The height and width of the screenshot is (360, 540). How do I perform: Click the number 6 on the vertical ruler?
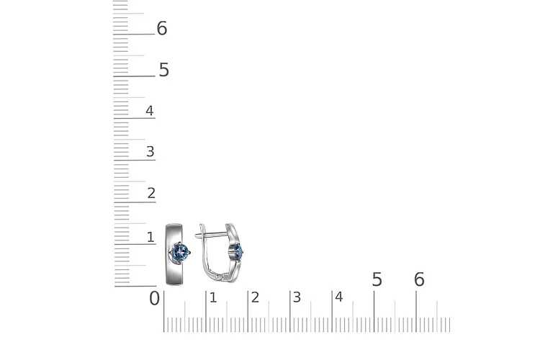(x=162, y=28)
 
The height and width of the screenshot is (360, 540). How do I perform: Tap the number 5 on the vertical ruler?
(x=164, y=70)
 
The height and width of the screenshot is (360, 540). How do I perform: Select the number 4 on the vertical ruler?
(x=150, y=111)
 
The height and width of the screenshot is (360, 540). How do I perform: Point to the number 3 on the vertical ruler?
(x=150, y=152)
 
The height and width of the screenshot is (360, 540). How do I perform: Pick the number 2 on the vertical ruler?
(x=151, y=193)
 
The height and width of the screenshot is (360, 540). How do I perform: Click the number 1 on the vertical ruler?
(x=150, y=237)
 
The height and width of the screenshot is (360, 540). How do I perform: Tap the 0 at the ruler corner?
(x=155, y=298)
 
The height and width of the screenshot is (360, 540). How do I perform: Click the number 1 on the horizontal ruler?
(x=213, y=297)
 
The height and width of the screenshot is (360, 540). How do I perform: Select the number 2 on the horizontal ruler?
(x=255, y=297)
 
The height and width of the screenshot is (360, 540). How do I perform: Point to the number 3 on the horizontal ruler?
(x=297, y=297)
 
